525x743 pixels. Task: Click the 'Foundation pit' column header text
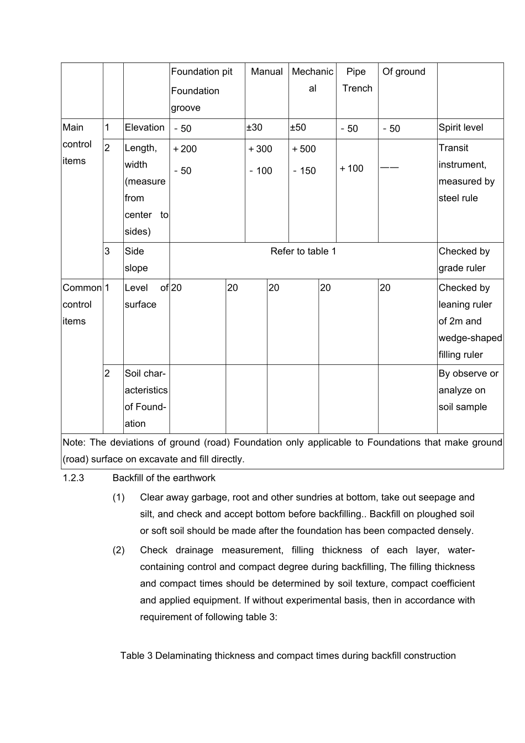click(202, 72)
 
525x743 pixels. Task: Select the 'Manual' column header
click(266, 72)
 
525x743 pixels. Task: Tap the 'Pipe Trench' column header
click(356, 80)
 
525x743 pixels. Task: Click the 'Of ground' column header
click(404, 72)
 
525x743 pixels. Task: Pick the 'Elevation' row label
click(145, 128)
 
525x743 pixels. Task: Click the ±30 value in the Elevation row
click(254, 128)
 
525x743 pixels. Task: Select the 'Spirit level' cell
click(460, 128)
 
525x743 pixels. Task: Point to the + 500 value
click(304, 149)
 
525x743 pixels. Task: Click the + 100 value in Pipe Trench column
click(351, 169)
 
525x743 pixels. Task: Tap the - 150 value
click(305, 171)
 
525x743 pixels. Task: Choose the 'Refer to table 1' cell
click(303, 252)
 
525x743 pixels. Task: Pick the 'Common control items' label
click(82, 305)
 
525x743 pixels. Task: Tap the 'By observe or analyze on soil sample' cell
click(468, 390)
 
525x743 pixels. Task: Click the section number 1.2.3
click(73, 478)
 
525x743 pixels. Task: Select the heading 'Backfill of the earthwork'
click(164, 478)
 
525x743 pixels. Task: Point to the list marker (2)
click(119, 550)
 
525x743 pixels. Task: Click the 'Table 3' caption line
click(288, 656)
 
